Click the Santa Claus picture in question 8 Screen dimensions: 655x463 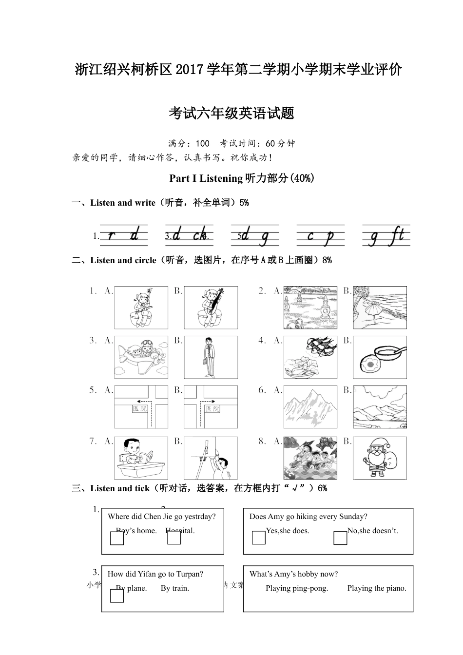pos(379,458)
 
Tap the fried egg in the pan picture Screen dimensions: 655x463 pos(379,357)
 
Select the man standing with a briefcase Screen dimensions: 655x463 pos(211,357)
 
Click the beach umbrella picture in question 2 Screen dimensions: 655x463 pos(379,308)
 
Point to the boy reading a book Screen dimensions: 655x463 pos(141,458)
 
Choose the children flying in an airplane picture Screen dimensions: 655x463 pos(141,357)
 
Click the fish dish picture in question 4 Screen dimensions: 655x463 pos(310,357)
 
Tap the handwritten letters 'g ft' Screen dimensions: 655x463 pos(386,236)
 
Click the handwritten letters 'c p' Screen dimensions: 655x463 pos(320,236)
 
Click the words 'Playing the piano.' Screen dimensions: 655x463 pos(376,588)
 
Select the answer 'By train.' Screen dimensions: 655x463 pos(174,588)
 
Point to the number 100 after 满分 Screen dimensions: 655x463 pos(202,144)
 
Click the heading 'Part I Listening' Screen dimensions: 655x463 pos(206,178)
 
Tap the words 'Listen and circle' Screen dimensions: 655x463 pos(123,260)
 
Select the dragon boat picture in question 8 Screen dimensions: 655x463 pos(310,458)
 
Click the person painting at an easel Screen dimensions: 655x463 pos(211,458)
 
